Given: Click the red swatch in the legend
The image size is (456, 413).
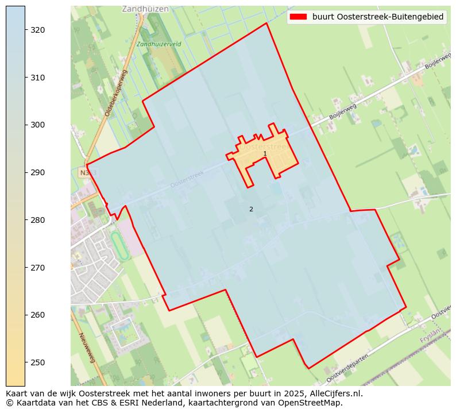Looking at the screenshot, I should [299, 17].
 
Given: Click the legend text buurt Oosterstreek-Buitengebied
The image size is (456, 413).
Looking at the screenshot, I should [378, 17].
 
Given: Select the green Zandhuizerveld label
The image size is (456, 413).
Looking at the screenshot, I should [159, 44].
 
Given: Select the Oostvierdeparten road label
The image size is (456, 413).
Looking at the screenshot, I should [347, 369].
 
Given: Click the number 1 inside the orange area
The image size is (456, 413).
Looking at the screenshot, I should [265, 154].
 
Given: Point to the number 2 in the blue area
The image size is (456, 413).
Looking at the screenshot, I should [251, 209].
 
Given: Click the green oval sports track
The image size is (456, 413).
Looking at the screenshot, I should [119, 246].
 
